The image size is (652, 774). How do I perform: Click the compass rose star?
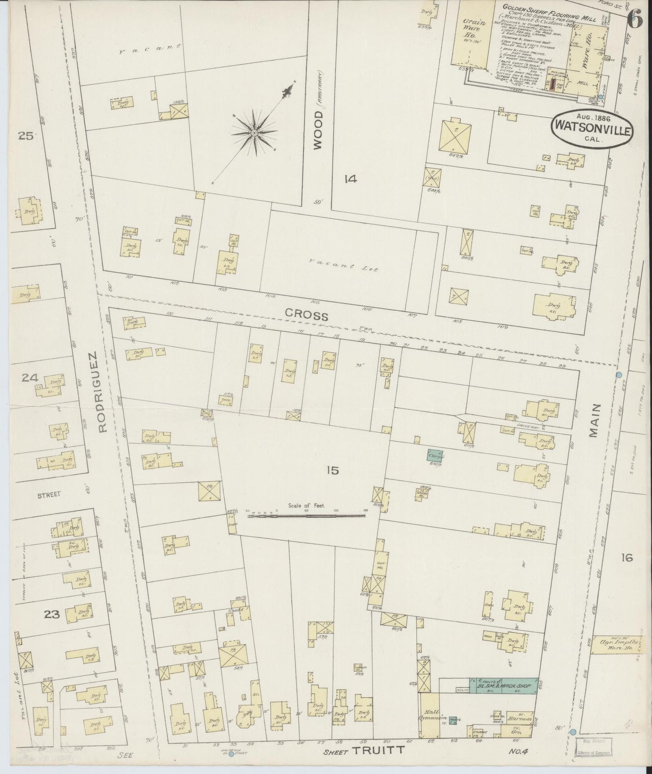point(254,133)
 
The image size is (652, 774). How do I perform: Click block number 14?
point(350,179)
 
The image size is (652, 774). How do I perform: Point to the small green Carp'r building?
point(435,455)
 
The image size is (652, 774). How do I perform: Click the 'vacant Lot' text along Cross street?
point(344,267)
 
